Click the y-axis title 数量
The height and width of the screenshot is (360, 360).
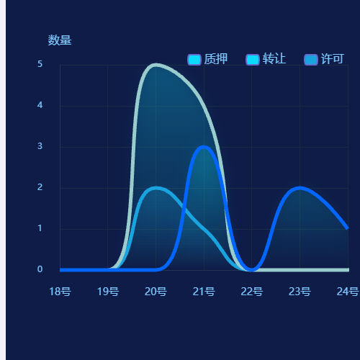click(x=60, y=40)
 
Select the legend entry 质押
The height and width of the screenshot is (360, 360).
click(x=207, y=59)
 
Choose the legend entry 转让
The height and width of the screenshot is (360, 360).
click(x=266, y=59)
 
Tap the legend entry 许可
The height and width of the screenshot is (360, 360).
click(x=324, y=59)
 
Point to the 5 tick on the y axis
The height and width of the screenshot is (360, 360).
click(x=40, y=64)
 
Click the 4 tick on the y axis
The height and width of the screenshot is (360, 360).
click(x=40, y=105)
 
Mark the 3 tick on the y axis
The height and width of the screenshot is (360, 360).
click(x=40, y=146)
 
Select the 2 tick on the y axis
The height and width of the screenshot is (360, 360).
click(x=40, y=187)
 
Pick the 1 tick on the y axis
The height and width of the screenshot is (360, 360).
click(x=40, y=228)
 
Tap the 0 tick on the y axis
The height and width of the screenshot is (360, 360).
click(x=40, y=269)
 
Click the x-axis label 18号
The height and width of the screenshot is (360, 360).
click(x=60, y=292)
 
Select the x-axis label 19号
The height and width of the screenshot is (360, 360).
click(x=108, y=292)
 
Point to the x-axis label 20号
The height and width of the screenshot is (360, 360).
click(x=156, y=292)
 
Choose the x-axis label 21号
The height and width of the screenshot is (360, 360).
click(x=204, y=292)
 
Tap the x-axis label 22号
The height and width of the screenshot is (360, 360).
click(x=251, y=292)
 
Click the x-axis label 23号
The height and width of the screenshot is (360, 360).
click(x=300, y=292)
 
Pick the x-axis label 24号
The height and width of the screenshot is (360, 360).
click(x=347, y=292)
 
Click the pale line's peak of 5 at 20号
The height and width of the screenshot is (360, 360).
click(x=156, y=65)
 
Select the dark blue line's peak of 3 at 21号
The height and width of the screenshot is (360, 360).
click(x=204, y=147)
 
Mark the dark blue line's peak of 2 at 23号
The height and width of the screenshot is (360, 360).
click(x=300, y=188)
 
